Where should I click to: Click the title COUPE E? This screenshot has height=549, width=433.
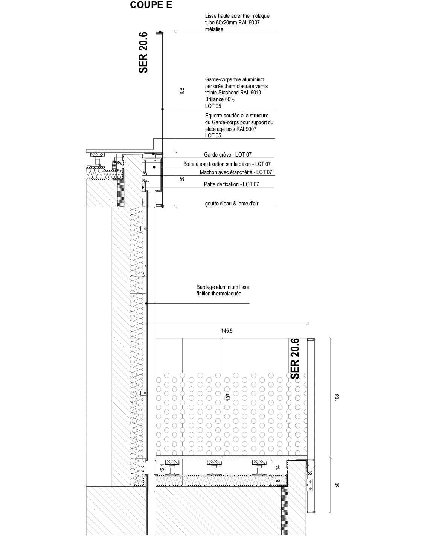tap(151, 5)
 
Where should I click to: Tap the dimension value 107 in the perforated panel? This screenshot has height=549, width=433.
tap(228, 397)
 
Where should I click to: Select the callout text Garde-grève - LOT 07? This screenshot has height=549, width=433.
tap(227, 155)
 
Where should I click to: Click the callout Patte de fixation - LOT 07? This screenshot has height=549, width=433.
tap(231, 184)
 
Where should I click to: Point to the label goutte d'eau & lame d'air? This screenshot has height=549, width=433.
tap(232, 204)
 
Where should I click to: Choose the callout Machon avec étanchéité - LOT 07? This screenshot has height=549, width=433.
tap(236, 172)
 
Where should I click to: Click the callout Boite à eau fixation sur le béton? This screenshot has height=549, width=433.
tap(227, 164)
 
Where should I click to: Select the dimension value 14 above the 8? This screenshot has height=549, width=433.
tap(278, 467)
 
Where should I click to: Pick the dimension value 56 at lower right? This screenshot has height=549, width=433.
tap(310, 473)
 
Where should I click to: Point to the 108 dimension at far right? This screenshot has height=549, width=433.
tap(337, 397)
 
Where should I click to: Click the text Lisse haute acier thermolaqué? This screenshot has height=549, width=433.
tap(237, 16)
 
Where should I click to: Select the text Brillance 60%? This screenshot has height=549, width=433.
tap(220, 99)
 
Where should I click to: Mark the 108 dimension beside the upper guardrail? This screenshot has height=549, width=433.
tap(182, 91)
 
